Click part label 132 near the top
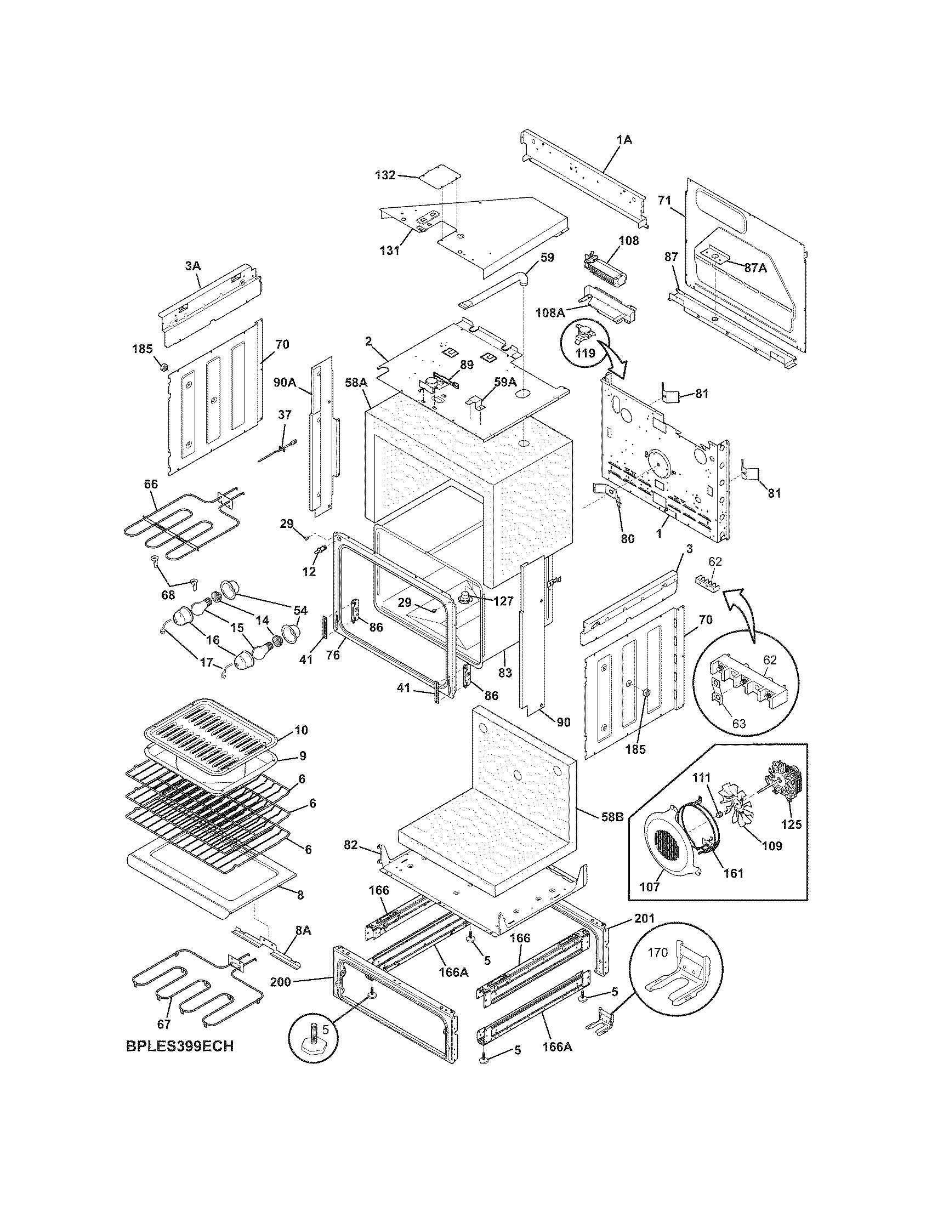[385, 175]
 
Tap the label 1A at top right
[624, 140]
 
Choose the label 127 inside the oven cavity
[503, 601]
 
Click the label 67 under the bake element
[163, 1023]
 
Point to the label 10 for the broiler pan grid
[301, 730]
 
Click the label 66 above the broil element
[151, 484]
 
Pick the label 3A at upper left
[192, 266]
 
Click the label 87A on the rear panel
[755, 268]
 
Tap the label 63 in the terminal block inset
[739, 723]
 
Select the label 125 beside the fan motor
[791, 826]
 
